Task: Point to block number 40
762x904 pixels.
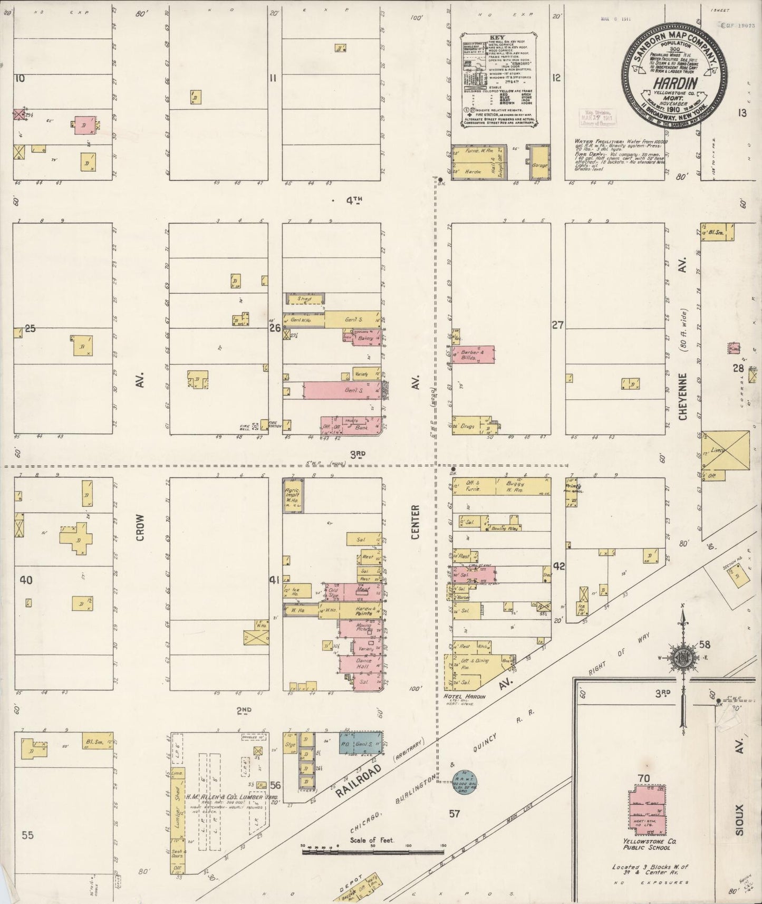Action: pos(25,580)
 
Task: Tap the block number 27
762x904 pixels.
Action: pos(558,325)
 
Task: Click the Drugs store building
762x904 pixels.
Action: pos(467,425)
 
